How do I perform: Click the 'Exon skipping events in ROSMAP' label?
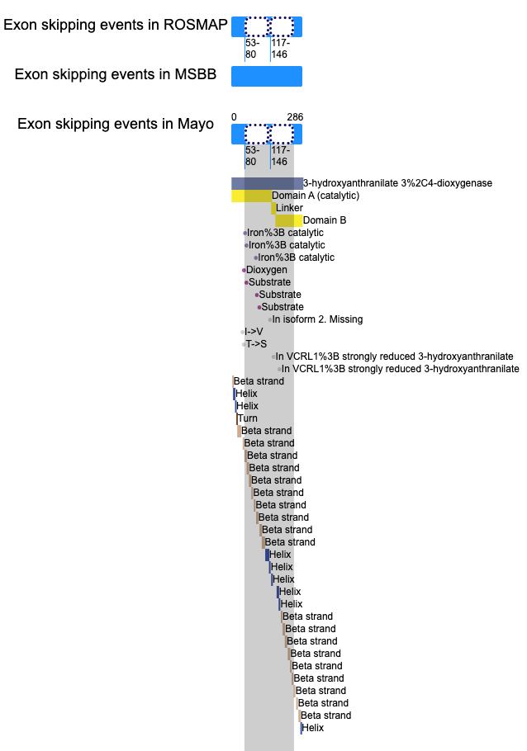point(115,25)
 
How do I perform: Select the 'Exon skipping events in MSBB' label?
point(116,74)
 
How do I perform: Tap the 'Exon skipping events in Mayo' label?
point(116,124)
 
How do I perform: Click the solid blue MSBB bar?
point(267,76)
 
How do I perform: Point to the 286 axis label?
point(296,117)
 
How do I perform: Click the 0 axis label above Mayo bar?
point(234,117)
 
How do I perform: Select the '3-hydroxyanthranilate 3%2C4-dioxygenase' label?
point(397,183)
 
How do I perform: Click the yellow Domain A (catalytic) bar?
point(251,196)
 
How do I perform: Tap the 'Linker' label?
point(289,208)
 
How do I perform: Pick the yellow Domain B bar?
point(288,220)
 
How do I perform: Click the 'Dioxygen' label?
point(267,270)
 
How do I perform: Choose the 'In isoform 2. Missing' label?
point(317,319)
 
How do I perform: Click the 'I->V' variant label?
point(254,332)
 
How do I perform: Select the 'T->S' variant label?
point(256,344)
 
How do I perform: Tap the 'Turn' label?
point(248,418)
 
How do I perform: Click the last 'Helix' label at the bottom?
point(313,728)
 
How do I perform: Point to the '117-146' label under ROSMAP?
point(280,49)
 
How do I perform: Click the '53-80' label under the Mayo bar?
point(252,156)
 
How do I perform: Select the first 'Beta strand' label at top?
point(259,381)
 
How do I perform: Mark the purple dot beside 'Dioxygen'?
point(244,270)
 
